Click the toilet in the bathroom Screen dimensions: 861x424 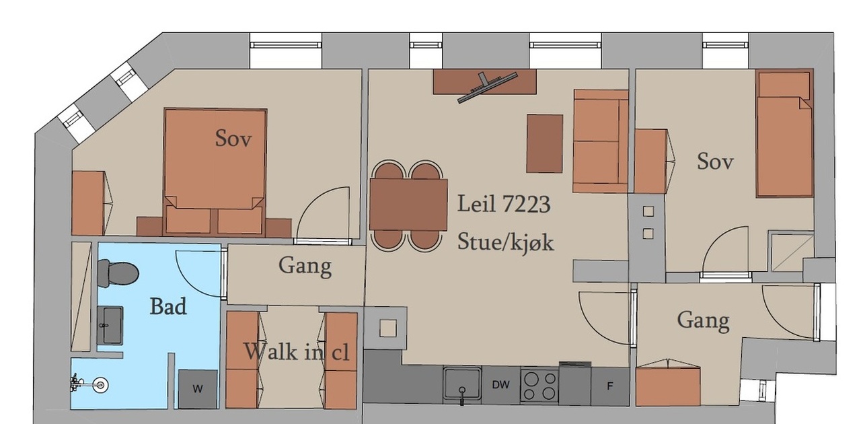pos(118,273)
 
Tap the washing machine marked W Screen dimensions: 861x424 pos(198,389)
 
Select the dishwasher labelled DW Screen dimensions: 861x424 pos(501,384)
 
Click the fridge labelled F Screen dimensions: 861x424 pos(610,386)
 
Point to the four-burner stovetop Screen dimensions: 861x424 pos(539,386)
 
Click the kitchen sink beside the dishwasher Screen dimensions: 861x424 pos(462,384)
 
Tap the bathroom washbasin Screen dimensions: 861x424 pos(110,326)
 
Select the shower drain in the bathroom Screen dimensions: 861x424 pos(101,385)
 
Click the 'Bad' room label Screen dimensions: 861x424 pos(168,307)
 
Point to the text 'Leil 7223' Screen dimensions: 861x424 pos(504,204)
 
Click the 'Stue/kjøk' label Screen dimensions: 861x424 pos(505,242)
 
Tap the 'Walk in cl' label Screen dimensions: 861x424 pos(297,351)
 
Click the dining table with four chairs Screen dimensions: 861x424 pos(408,205)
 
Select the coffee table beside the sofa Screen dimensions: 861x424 pos(545,143)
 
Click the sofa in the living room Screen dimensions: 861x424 pos(601,141)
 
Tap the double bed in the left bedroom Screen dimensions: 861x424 pos(215,172)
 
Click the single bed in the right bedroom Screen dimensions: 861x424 pos(784,133)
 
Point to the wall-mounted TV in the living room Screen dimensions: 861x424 pos(487,87)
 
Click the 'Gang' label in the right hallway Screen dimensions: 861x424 pos(703,320)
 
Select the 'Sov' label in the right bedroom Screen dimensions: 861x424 pos(715,162)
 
